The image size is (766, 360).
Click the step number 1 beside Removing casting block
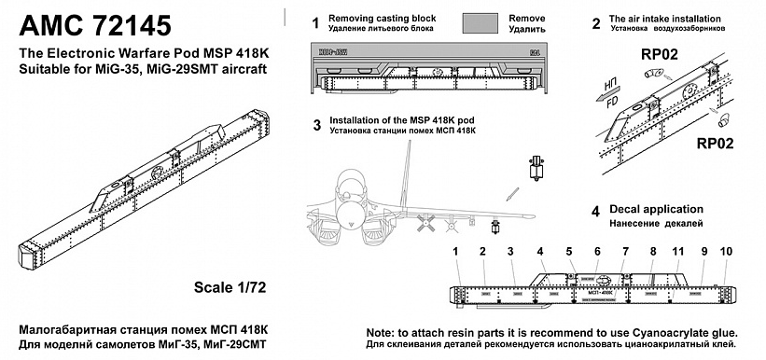pos(316,21)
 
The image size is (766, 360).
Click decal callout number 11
pos(679,253)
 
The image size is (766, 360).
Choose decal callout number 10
pos(727,253)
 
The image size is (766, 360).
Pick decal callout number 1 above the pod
pos(455,253)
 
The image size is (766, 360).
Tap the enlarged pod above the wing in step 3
pos(535,170)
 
